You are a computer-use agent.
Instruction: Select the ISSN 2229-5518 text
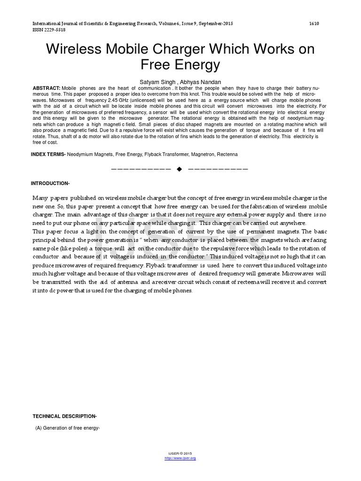[48, 30]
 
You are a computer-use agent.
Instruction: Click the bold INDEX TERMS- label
[48, 155]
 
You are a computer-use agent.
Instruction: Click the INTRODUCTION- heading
[50, 183]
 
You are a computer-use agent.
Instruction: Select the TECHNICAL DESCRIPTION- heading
[64, 416]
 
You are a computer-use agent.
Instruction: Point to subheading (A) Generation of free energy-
[68, 427]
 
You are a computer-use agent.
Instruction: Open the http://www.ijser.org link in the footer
[180, 458]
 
